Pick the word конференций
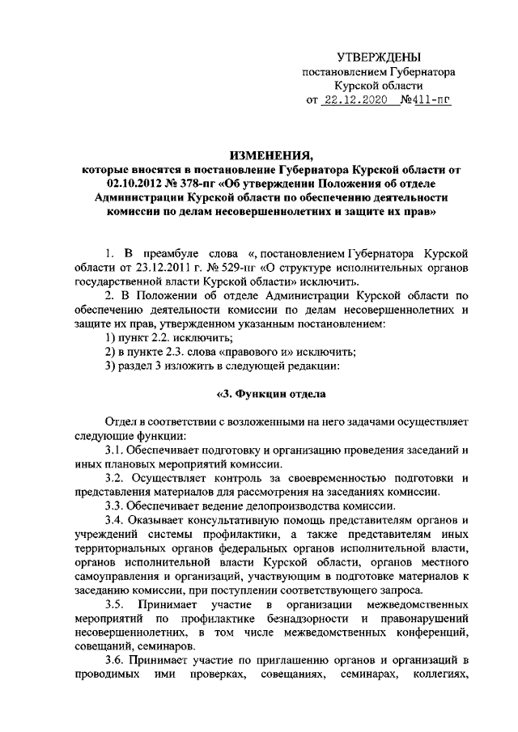(x=428, y=635)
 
